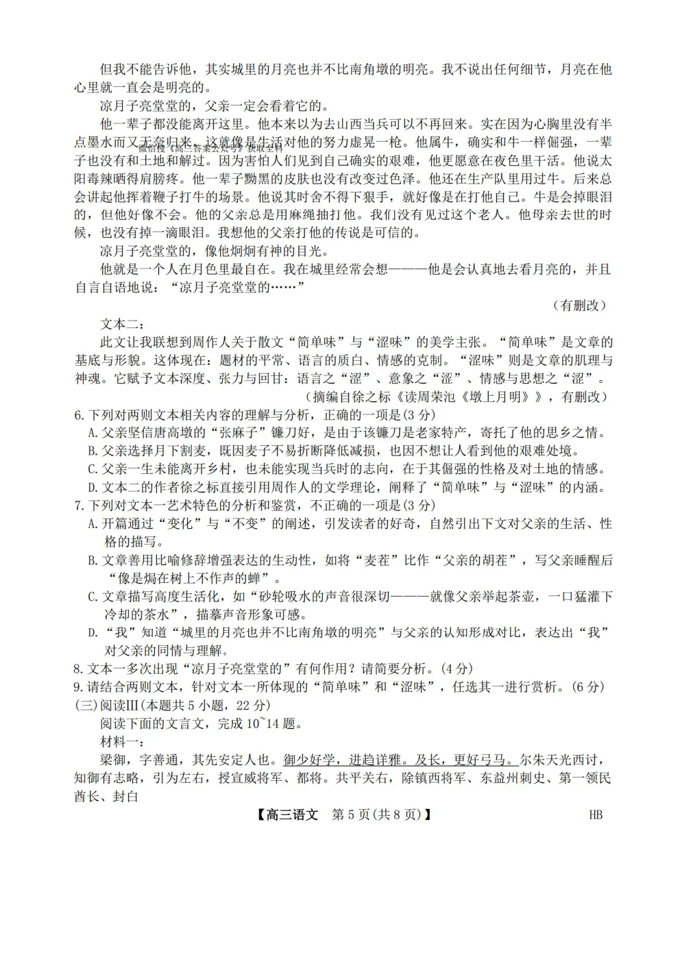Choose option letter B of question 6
[93, 451]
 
